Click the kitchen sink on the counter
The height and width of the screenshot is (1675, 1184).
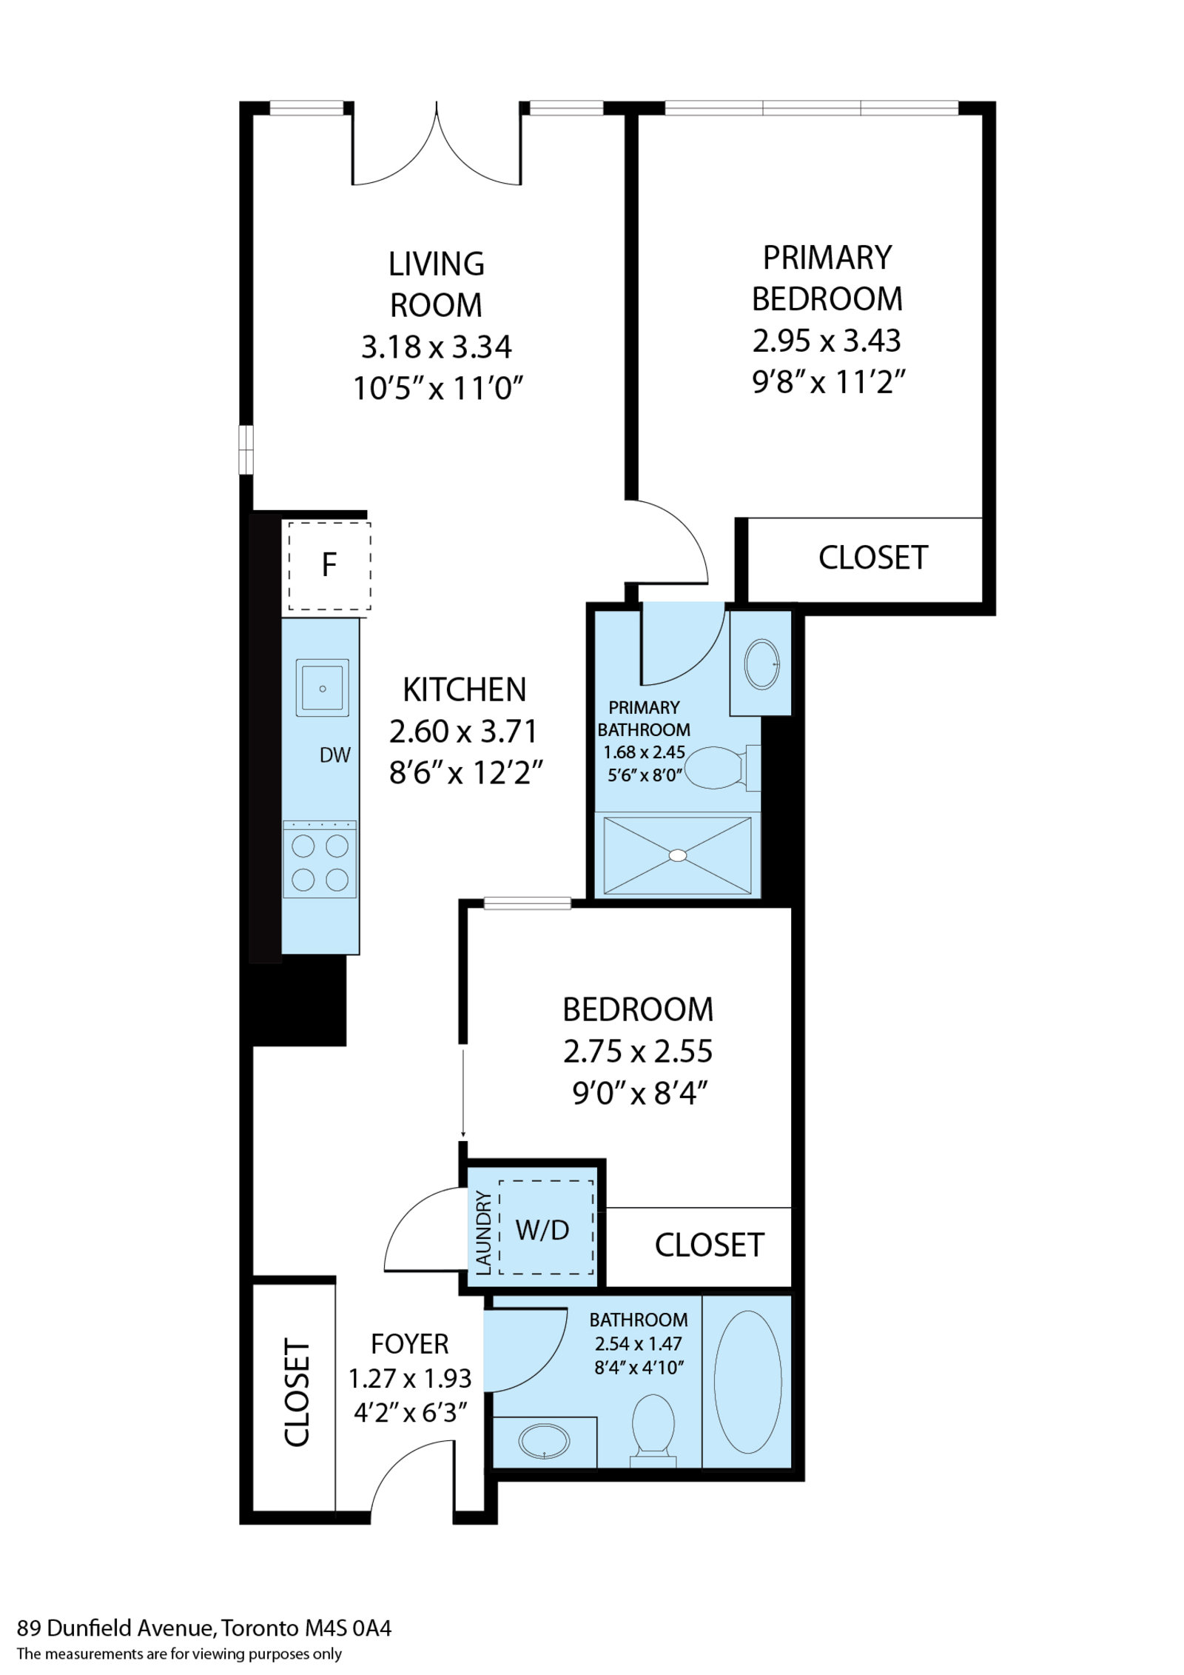(322, 687)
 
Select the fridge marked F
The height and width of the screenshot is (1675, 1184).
(329, 566)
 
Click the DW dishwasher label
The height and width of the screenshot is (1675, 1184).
(334, 755)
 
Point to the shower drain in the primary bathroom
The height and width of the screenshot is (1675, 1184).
(678, 855)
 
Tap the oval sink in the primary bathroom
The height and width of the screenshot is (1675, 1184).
(761, 664)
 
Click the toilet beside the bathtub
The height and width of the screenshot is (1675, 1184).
(653, 1430)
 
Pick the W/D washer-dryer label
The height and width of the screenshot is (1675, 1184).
(542, 1230)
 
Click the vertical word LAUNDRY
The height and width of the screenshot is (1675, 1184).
(483, 1233)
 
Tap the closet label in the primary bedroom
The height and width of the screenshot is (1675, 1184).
(873, 558)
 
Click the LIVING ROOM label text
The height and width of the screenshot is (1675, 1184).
(437, 284)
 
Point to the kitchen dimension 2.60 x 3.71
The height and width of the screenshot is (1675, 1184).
(463, 731)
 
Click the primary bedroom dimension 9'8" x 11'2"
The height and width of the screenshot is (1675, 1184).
(829, 382)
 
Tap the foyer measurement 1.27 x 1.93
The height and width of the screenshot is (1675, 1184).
(410, 1378)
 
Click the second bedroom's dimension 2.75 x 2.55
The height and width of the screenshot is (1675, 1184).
(638, 1051)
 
